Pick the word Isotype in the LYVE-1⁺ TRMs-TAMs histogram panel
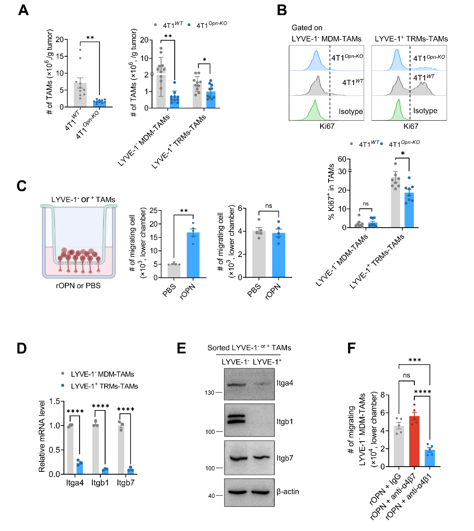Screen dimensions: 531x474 (425, 112)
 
